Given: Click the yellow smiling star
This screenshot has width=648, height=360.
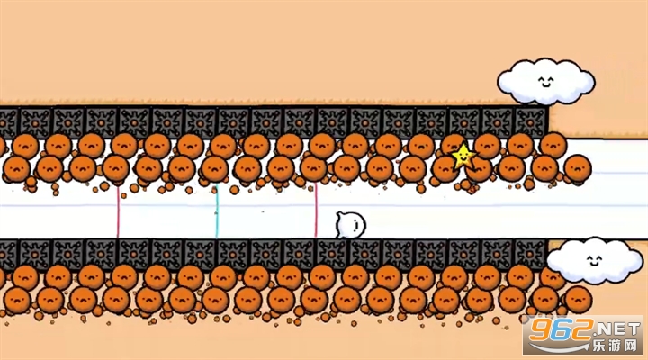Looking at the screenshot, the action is (463, 157).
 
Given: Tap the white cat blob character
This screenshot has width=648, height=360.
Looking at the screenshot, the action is (350, 225).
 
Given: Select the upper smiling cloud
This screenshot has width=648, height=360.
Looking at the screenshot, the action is (545, 81).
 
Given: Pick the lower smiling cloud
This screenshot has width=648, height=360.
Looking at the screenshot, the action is (589, 260).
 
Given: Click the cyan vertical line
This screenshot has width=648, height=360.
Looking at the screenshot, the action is (217, 211).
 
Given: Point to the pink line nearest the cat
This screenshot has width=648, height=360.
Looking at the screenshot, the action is (316, 211).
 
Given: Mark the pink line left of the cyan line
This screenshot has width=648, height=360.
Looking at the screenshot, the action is (118, 212).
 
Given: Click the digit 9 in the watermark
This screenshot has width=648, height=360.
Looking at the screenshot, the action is (540, 329).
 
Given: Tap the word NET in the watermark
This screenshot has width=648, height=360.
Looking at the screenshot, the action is (618, 329).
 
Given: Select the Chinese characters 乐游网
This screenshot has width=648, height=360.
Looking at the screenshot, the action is (616, 345).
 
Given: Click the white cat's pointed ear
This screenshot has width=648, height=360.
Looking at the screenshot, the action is (339, 214).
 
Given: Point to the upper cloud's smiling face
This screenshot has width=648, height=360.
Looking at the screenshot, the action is (545, 81).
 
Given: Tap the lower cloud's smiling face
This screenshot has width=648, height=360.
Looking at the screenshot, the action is (594, 260).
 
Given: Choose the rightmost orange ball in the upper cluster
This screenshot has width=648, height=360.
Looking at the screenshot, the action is (577, 168).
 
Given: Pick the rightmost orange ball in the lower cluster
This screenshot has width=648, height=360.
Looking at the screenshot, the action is (578, 299).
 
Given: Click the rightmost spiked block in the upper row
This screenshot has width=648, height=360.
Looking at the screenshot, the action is (531, 121).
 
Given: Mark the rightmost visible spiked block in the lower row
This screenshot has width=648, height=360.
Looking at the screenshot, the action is (531, 254).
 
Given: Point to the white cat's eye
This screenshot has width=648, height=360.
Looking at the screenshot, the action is (355, 224).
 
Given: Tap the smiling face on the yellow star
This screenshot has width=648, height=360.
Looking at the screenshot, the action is (463, 157).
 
